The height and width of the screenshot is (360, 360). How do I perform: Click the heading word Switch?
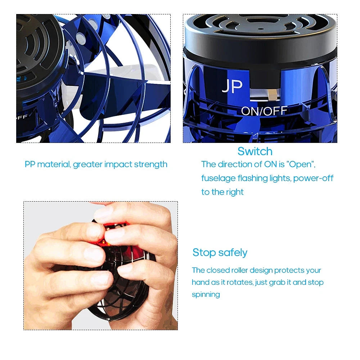255,151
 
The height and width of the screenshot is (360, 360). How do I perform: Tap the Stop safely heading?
220,252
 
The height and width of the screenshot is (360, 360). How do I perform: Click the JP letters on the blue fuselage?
232,86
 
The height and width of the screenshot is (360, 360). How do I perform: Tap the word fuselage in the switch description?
217,178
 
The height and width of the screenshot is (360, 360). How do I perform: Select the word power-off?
313,178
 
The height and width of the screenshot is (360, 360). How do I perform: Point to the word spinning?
206,294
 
